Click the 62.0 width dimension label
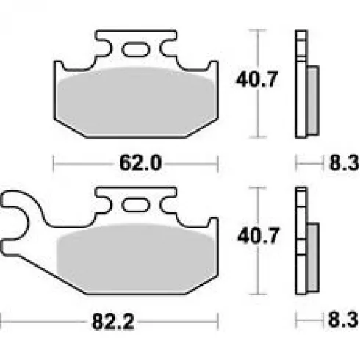click(140, 163)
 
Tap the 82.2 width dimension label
click(113, 322)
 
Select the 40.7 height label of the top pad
click(256, 79)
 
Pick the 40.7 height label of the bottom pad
click(259, 236)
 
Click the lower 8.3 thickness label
click(343, 320)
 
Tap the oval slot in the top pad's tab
click(136, 49)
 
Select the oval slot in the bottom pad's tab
click(136, 205)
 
